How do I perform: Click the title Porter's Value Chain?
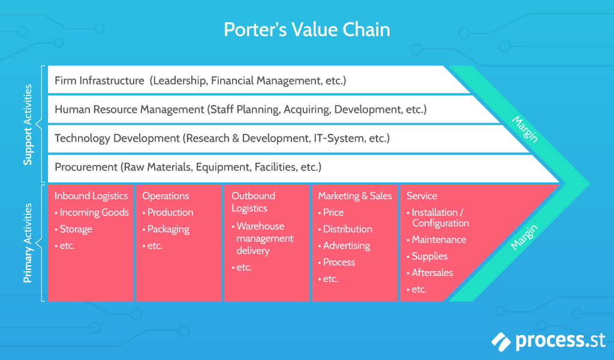click(x=306, y=29)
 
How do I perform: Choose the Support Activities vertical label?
click(x=28, y=125)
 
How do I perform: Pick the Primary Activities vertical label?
click(x=28, y=242)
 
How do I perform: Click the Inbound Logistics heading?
click(x=91, y=196)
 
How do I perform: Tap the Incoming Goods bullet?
click(x=94, y=212)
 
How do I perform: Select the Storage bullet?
click(x=76, y=229)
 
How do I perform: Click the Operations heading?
click(x=165, y=196)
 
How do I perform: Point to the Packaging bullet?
click(x=168, y=229)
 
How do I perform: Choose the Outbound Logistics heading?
click(x=254, y=202)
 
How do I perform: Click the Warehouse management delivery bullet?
click(x=264, y=238)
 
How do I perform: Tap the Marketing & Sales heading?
click(x=354, y=196)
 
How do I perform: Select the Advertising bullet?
click(x=346, y=246)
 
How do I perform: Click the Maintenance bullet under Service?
click(x=438, y=240)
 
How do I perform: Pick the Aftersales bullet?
click(x=432, y=273)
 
